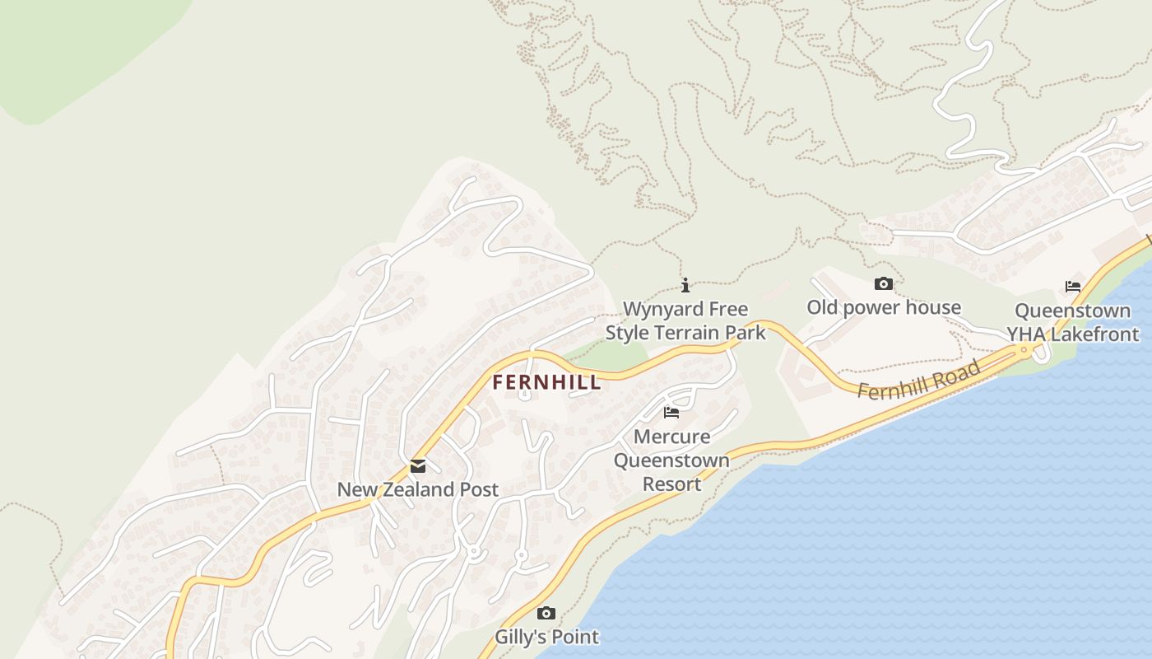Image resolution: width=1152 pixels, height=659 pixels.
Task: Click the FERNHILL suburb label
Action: pyautogui.click(x=546, y=382)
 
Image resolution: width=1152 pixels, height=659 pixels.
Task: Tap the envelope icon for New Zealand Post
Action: pyautogui.click(x=418, y=466)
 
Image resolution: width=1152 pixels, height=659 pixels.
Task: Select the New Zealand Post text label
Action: pyautogui.click(x=417, y=489)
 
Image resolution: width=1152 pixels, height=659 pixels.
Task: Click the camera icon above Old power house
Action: pyautogui.click(x=883, y=284)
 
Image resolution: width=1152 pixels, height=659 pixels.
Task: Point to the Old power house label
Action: pyautogui.click(x=883, y=307)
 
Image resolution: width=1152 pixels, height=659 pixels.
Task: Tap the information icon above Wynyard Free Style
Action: pyautogui.click(x=685, y=286)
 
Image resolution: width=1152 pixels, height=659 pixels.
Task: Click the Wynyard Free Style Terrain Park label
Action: pyautogui.click(x=685, y=320)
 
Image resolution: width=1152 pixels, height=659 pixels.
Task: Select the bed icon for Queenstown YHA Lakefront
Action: pyautogui.click(x=1073, y=287)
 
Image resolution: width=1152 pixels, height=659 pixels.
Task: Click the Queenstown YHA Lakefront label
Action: pyautogui.click(x=1073, y=322)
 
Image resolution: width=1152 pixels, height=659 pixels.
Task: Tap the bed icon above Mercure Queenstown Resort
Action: pyautogui.click(x=671, y=413)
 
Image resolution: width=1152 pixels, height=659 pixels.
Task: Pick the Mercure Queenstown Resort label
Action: pyautogui.click(x=671, y=460)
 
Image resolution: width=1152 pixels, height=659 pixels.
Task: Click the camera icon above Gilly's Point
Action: pyautogui.click(x=546, y=614)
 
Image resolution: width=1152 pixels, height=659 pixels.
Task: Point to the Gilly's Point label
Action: pyautogui.click(x=546, y=637)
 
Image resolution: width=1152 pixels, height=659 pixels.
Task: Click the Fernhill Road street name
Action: pyautogui.click(x=918, y=381)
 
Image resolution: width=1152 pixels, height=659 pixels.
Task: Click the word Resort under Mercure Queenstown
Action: pyautogui.click(x=671, y=484)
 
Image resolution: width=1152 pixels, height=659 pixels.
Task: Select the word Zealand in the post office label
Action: pyautogui.click(x=414, y=489)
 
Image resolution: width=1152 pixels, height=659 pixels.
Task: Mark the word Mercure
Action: pyautogui.click(x=671, y=436)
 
